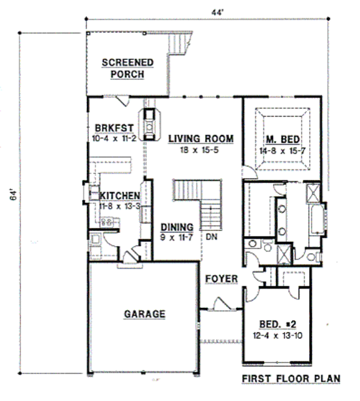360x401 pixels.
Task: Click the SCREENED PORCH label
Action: [127, 68]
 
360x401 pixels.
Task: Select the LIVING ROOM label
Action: [200, 139]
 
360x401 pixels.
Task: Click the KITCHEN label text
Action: [119, 196]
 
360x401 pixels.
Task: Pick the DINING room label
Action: [177, 228]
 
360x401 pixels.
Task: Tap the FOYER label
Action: [221, 279]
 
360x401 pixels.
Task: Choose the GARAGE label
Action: [145, 313]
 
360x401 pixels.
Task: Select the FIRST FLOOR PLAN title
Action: [290, 379]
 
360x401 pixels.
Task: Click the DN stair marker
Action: [211, 237]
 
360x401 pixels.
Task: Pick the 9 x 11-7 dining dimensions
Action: [177, 238]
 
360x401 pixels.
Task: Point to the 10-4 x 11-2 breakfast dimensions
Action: [114, 137]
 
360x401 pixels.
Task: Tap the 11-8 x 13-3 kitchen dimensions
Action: [119, 206]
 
